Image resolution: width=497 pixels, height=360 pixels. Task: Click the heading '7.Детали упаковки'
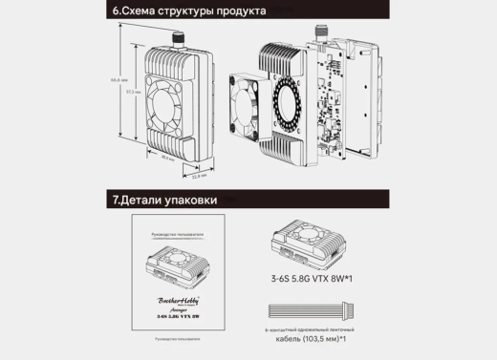click(163, 201)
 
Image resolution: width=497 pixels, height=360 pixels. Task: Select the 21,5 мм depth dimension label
click(198, 177)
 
